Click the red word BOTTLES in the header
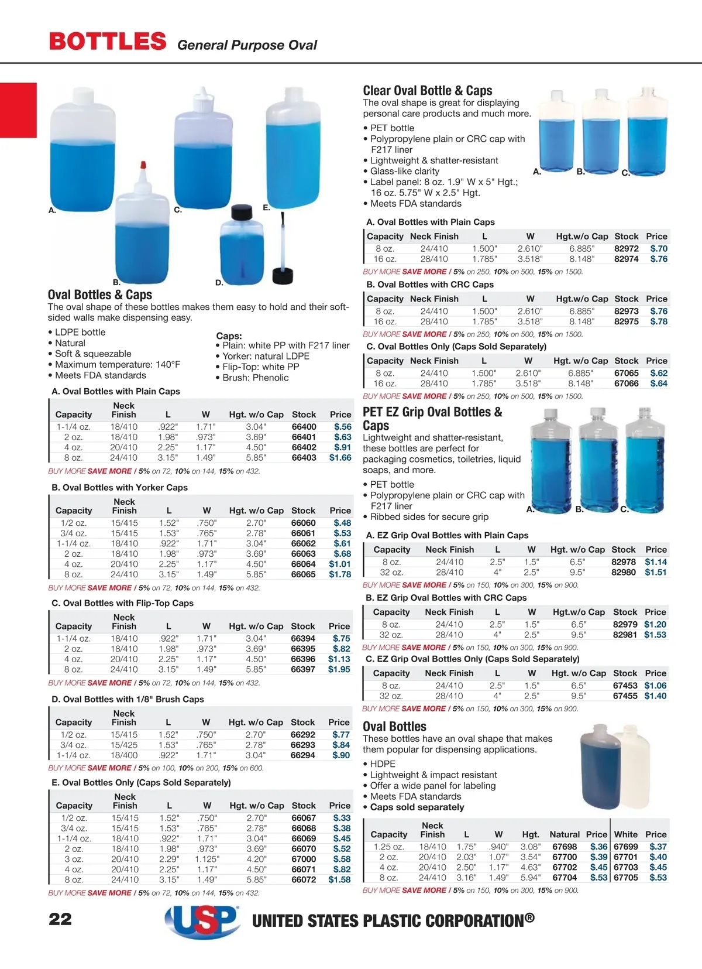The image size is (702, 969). pyautogui.click(x=108, y=42)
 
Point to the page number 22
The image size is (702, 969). pyautogui.click(x=60, y=919)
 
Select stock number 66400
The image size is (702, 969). pyautogui.click(x=304, y=427)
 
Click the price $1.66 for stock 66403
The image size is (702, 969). pyautogui.click(x=340, y=458)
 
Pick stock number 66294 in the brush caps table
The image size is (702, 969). pyautogui.click(x=302, y=755)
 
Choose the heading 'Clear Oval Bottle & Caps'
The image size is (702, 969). pyautogui.click(x=427, y=91)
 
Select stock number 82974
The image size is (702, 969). pyautogui.click(x=626, y=259)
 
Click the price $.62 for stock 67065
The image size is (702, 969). pyautogui.click(x=659, y=373)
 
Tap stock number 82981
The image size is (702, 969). pyautogui.click(x=625, y=635)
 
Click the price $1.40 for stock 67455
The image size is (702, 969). pyautogui.click(x=655, y=696)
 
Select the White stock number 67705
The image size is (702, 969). pyautogui.click(x=625, y=878)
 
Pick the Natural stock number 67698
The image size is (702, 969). pyautogui.click(x=565, y=847)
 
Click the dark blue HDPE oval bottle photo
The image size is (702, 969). pyautogui.click(x=598, y=767)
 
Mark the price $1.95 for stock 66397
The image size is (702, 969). pyautogui.click(x=339, y=669)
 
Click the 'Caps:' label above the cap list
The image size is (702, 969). pyautogui.click(x=229, y=336)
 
